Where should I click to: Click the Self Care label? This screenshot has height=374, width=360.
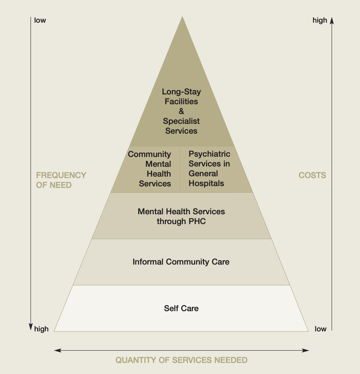click(181, 308)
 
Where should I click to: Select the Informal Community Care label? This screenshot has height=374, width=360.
click(181, 262)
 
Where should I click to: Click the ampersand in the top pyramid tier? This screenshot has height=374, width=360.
click(182, 111)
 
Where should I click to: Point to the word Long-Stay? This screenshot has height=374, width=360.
click(181, 92)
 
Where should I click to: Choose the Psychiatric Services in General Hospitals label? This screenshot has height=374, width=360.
click(209, 169)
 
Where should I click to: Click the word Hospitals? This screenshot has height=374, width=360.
click(206, 183)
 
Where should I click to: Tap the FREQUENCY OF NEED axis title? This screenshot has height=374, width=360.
click(61, 180)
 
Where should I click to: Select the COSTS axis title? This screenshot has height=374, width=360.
click(312, 175)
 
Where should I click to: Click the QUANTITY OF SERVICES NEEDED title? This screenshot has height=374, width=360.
click(181, 360)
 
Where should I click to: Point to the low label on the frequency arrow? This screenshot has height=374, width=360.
click(40, 20)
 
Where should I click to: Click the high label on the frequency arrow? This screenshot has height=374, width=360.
click(41, 329)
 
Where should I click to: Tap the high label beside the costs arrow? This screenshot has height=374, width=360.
click(320, 20)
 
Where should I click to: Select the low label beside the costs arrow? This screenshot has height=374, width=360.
click(320, 329)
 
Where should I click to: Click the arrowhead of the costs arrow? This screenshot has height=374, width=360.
click(331, 21)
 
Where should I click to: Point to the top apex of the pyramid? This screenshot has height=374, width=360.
click(182, 17)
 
